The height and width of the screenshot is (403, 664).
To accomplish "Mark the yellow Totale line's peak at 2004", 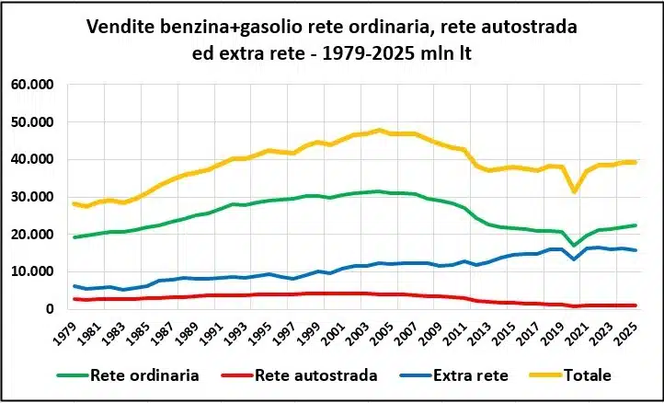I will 380,130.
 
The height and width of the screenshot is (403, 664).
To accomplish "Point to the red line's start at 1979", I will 75,299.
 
